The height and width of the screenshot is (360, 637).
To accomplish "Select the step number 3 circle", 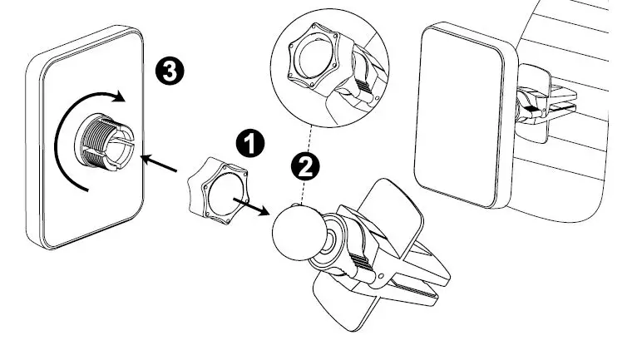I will (x=170, y=72).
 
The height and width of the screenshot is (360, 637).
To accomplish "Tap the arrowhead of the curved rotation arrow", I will (x=120, y=97).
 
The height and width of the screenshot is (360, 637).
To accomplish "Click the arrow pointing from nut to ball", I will (x=252, y=205).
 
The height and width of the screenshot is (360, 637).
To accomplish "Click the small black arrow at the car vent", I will (x=531, y=107).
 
